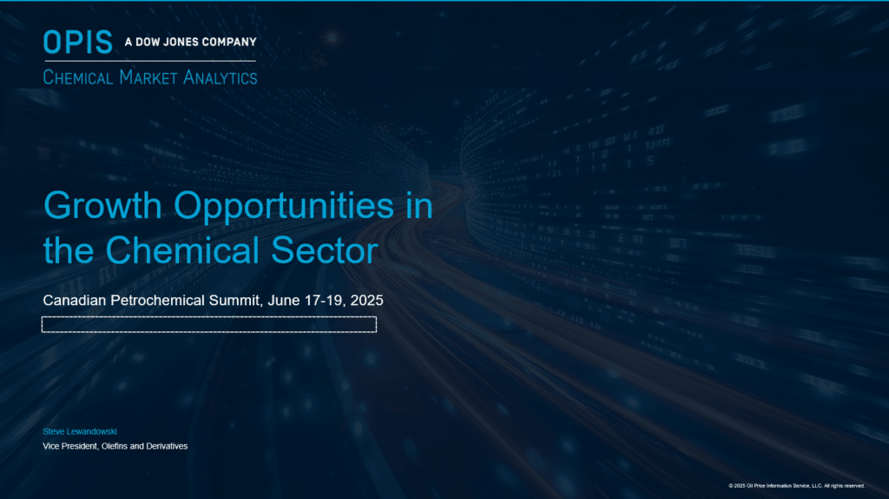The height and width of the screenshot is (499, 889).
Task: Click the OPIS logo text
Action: (78, 42)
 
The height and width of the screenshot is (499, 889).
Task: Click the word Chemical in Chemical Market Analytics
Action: (78, 77)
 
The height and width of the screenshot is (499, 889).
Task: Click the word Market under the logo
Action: (148, 77)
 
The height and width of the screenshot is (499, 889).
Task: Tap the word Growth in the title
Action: (102, 205)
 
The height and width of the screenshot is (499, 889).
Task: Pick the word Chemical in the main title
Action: (182, 250)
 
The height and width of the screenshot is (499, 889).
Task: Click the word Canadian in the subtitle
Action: (75, 300)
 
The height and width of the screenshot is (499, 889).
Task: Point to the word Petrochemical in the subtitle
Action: (158, 300)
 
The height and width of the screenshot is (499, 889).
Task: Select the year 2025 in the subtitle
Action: (367, 300)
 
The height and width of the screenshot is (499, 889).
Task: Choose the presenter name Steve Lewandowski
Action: (80, 431)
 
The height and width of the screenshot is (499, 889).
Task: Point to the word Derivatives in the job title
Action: (167, 446)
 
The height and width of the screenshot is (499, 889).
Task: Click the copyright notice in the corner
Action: (797, 486)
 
